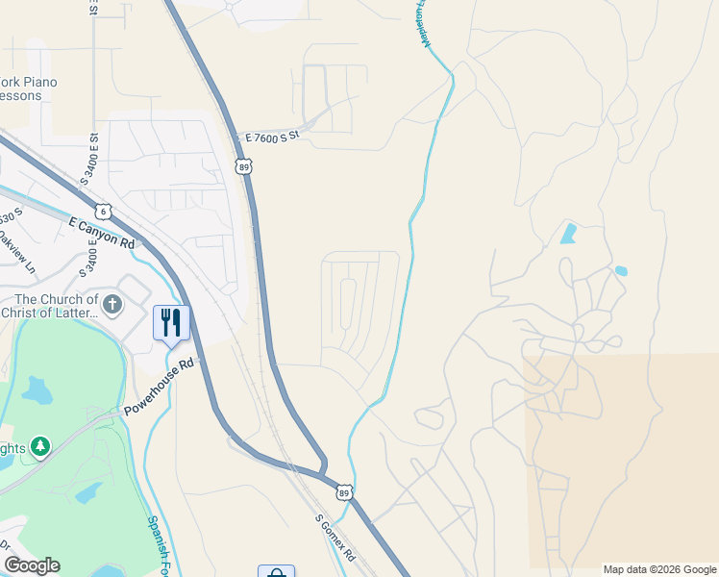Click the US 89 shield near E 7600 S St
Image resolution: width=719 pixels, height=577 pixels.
coord(244,166)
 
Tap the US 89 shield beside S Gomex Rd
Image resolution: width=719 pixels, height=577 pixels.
coord(344,491)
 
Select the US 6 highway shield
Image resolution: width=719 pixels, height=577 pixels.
coord(103,210)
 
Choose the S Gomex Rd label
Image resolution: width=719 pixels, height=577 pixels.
coord(335,538)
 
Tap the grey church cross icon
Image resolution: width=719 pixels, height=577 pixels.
coord(112,306)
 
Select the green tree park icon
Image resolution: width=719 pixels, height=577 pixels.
coord(39,446)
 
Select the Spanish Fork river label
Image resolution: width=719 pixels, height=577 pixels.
coord(161,543)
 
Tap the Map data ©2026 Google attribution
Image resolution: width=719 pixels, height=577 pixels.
coord(658,569)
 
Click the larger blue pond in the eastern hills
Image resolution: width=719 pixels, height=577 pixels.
coord(569,233)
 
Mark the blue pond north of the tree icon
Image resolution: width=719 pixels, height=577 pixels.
coord(38,389)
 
